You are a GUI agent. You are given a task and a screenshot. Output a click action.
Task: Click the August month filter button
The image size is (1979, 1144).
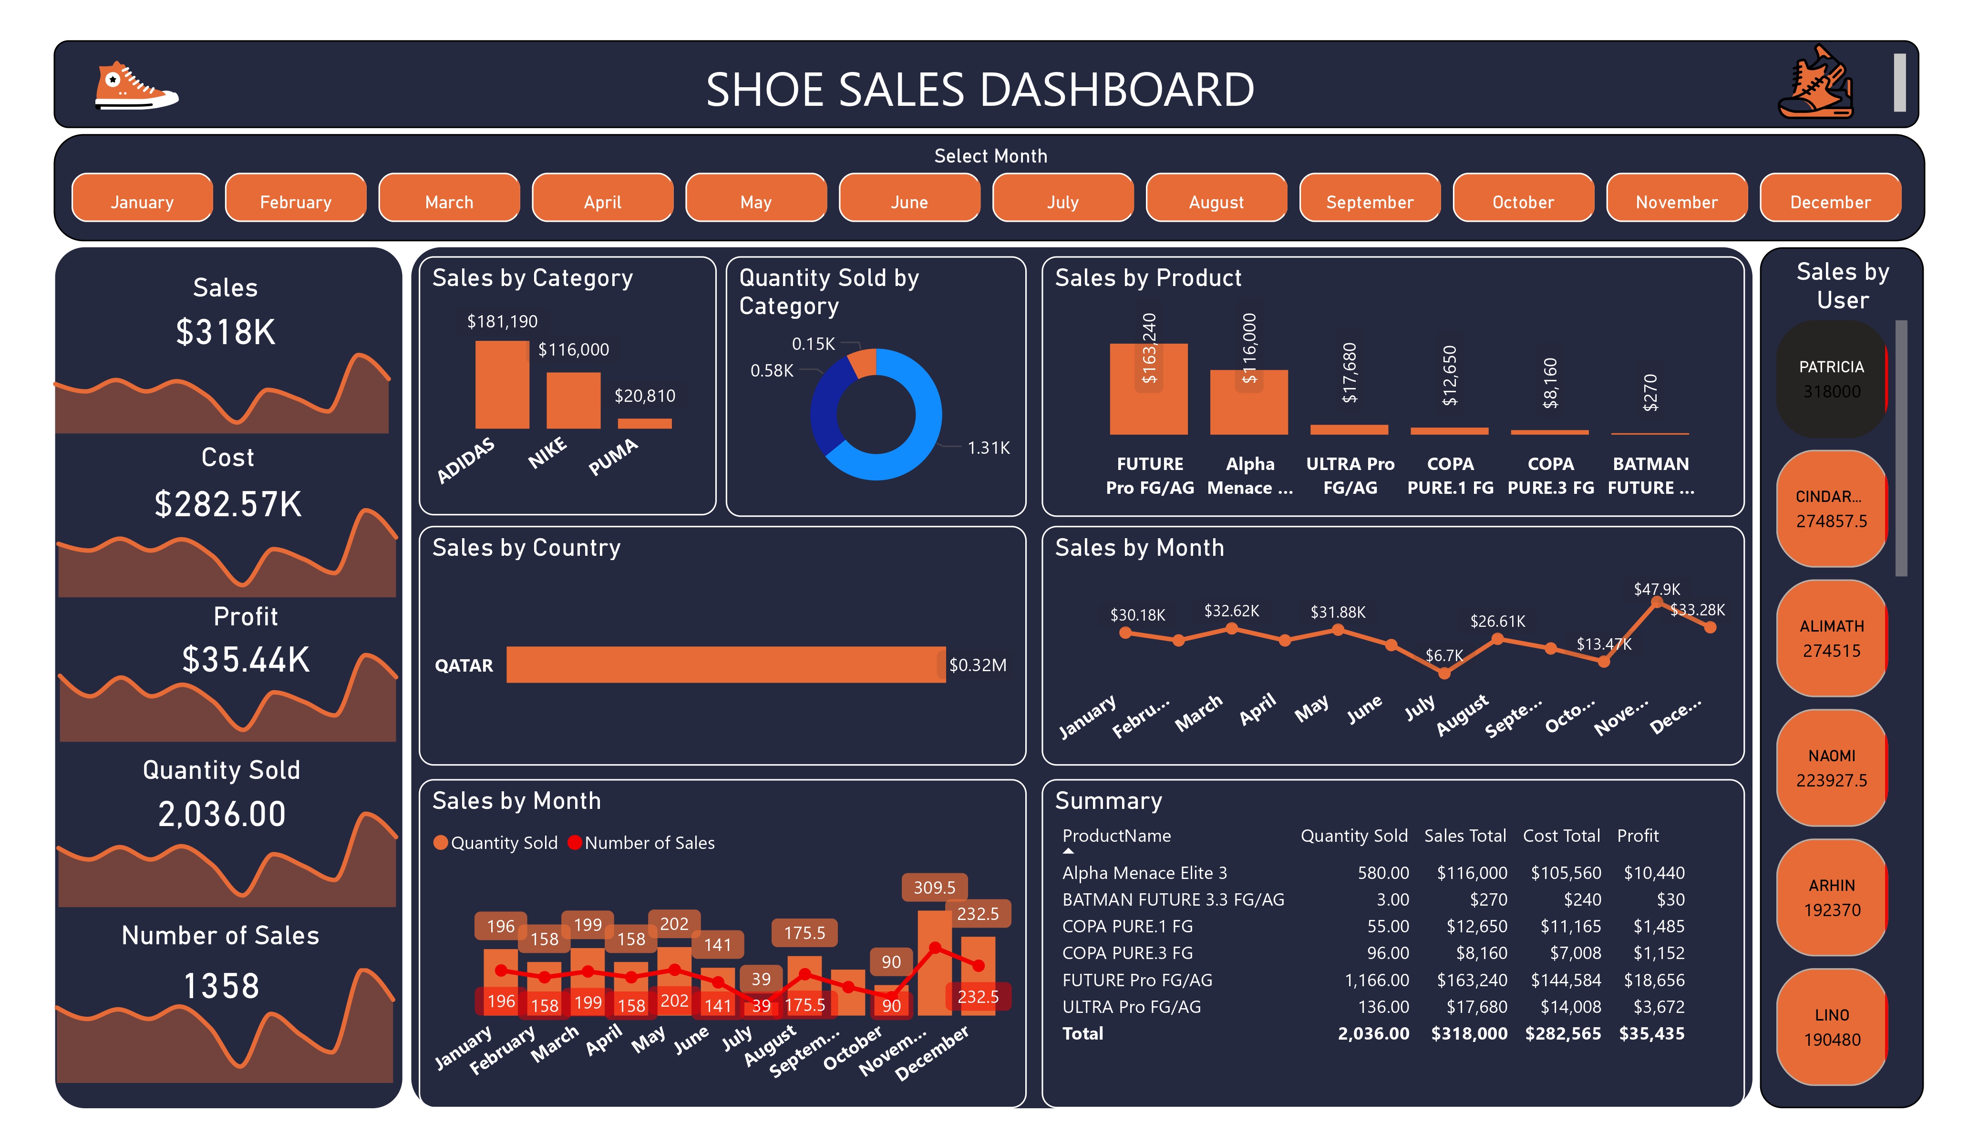click(x=1216, y=202)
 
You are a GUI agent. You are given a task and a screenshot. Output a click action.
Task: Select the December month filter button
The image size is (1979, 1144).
click(x=1830, y=202)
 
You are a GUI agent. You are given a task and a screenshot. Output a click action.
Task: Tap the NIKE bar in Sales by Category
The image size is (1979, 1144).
click(x=573, y=400)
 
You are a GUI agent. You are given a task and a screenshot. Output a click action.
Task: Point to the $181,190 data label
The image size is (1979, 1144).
click(x=503, y=321)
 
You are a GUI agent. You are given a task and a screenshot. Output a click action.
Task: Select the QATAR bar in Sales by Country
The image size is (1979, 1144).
click(x=726, y=664)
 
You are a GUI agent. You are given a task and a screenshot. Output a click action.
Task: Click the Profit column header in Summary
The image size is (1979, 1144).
click(x=1638, y=836)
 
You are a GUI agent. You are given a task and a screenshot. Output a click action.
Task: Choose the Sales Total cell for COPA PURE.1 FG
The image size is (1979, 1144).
click(x=1476, y=927)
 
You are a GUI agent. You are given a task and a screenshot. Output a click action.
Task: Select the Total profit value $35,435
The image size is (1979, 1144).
click(x=1651, y=1033)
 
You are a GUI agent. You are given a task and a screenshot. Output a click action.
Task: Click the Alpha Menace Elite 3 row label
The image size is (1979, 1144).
click(x=1144, y=872)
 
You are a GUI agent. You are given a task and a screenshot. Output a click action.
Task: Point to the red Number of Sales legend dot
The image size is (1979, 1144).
click(x=575, y=842)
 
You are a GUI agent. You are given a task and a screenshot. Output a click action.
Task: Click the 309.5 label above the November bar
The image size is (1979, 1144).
click(x=934, y=887)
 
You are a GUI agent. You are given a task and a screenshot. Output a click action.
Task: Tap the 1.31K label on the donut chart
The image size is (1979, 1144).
click(x=988, y=448)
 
